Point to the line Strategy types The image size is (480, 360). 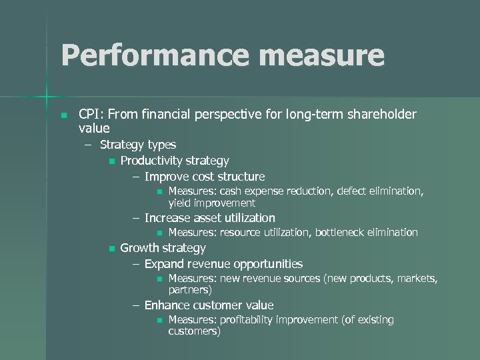pyautogui.click(x=138, y=145)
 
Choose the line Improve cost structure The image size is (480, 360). pyautogui.click(x=204, y=177)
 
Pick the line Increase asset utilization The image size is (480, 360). pyautogui.click(x=209, y=218)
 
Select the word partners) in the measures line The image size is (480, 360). pyautogui.click(x=190, y=290)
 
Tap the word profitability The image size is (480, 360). pyautogui.click(x=256, y=321)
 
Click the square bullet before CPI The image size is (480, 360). pyautogui.click(x=63, y=115)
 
